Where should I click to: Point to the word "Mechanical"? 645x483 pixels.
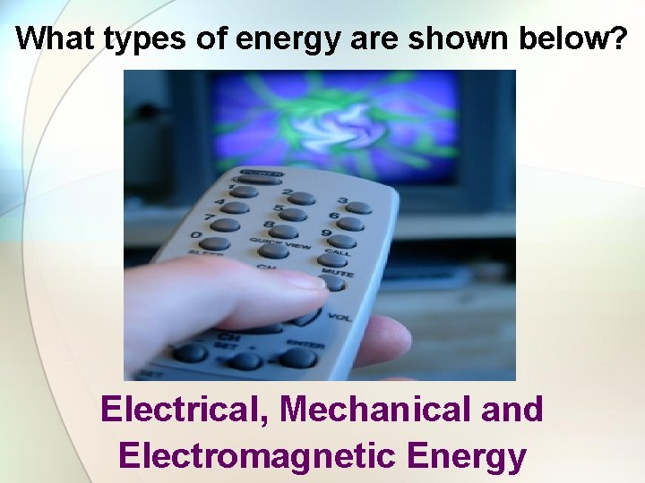(375, 410)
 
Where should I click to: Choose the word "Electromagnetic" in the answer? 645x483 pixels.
(256, 456)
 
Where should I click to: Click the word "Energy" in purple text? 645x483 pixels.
(466, 456)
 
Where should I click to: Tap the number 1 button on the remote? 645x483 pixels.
(244, 191)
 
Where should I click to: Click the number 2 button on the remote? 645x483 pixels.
(301, 198)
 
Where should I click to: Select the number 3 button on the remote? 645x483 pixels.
(358, 208)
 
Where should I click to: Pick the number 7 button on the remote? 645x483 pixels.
(224, 224)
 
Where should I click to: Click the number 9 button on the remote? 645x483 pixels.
(340, 241)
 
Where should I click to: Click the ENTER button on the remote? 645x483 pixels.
(299, 357)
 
